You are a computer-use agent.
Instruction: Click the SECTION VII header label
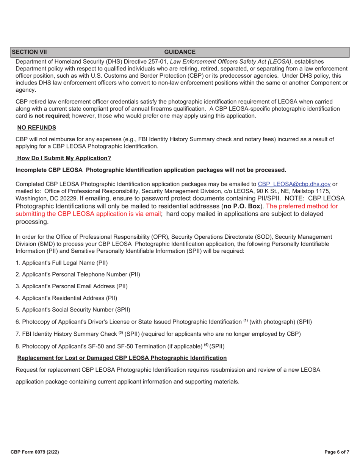[29, 52]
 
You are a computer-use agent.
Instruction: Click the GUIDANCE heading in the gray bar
[180, 52]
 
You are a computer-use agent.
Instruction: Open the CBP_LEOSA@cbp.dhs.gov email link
[294, 184]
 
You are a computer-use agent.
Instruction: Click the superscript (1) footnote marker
[245, 321]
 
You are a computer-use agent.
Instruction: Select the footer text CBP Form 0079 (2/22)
[34, 452]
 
